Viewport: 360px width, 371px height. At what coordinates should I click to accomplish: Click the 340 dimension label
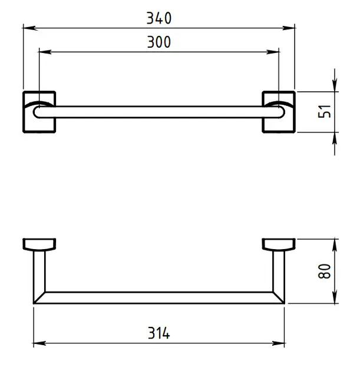tap(159, 18)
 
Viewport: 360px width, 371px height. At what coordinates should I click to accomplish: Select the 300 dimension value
tap(159, 42)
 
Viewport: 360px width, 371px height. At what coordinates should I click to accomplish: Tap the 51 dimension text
tap(324, 111)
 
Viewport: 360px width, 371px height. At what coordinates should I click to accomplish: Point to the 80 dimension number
tap(324, 271)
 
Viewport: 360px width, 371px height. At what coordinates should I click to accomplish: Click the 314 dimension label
tap(159, 333)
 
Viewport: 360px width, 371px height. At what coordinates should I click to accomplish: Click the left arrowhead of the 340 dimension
tap(30, 28)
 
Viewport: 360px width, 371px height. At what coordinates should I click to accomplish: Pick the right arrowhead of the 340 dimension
tap(288, 28)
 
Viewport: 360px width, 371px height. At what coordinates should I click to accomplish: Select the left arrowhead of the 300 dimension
tap(45, 52)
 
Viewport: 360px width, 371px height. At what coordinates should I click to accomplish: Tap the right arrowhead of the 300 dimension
tap(272, 52)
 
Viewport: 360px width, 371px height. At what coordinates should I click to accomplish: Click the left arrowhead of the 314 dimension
tap(39, 343)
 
